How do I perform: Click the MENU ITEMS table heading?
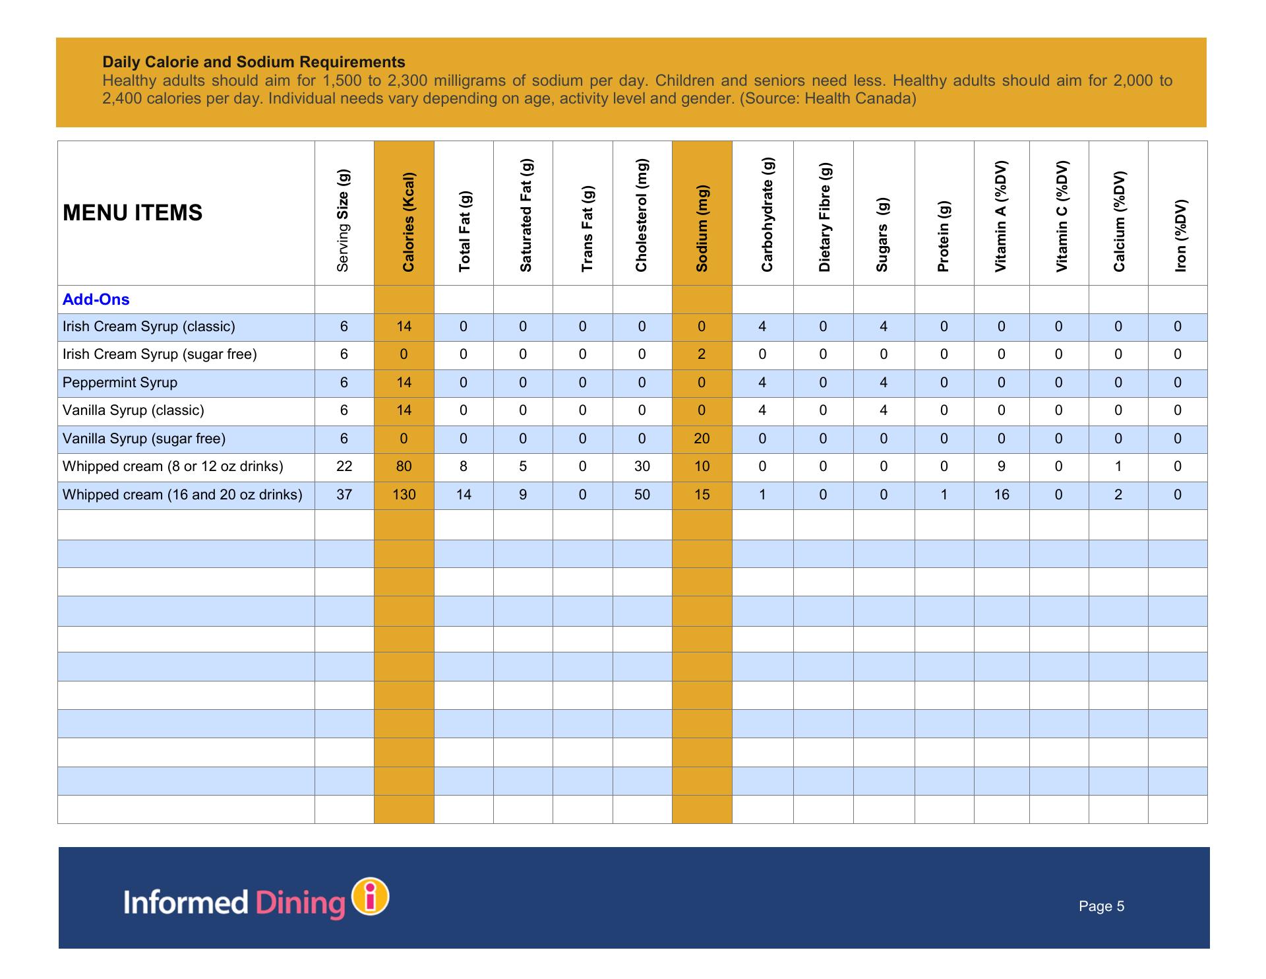coord(133,213)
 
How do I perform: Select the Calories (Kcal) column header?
coord(408,222)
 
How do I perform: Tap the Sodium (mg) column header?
coord(702,228)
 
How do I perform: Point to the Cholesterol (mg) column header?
coord(642,215)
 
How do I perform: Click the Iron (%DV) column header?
coord(1180,235)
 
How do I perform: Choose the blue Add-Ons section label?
coord(96,300)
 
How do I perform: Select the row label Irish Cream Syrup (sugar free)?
coord(160,354)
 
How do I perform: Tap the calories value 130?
coord(404,495)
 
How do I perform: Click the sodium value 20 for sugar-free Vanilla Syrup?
coord(702,439)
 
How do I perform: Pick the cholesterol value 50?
coord(642,495)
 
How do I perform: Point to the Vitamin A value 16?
coord(1002,495)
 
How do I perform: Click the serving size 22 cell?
coord(344,466)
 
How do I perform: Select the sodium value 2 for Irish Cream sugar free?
coord(702,354)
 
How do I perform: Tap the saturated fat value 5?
coord(523,466)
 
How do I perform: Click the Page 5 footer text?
coord(1101,906)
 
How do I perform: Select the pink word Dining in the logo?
coord(300,903)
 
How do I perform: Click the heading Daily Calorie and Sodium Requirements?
coord(254,62)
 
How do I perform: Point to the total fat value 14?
coord(464,495)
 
